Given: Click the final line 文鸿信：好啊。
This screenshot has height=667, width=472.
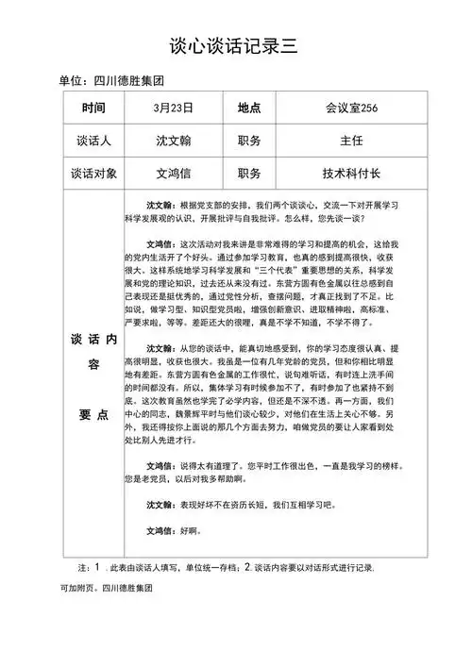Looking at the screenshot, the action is point(174,531).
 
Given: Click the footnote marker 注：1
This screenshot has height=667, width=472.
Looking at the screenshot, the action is point(87,568).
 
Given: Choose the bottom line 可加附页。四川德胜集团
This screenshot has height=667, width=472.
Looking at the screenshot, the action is point(106,588).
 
